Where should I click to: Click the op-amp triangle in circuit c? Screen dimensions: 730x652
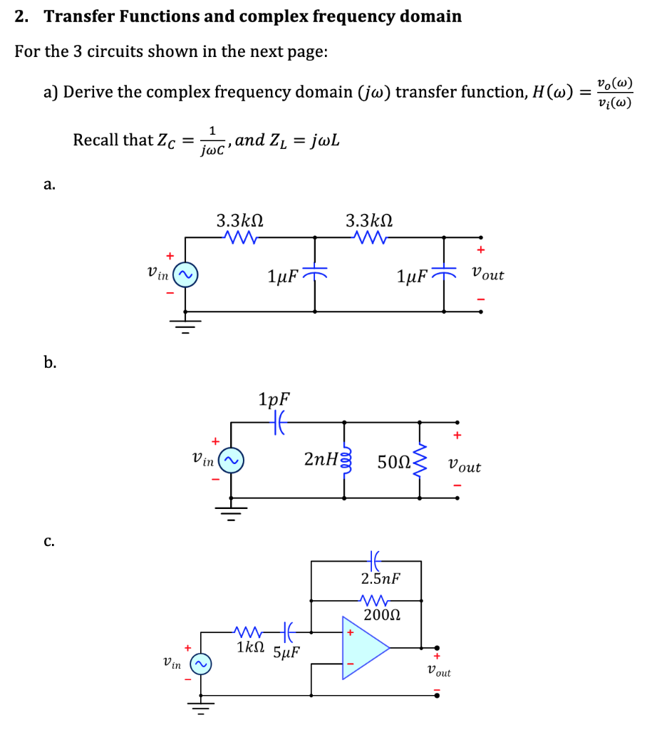tap(363, 648)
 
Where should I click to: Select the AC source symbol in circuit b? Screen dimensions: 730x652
tap(229, 461)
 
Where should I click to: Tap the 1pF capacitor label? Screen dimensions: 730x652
tap(275, 399)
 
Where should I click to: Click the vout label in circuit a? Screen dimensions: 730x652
tap(487, 274)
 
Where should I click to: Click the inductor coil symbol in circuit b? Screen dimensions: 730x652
tap(347, 460)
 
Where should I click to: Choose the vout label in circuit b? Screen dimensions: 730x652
tap(464, 467)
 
